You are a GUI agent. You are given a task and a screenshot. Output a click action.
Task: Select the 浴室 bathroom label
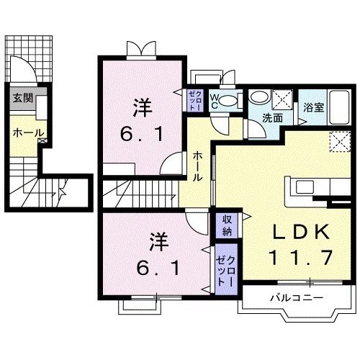(312, 108)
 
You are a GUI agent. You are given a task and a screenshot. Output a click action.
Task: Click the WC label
(215, 99)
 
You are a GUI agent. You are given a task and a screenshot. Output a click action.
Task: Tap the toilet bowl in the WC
(229, 100)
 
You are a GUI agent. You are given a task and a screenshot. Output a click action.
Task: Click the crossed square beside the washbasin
(282, 98)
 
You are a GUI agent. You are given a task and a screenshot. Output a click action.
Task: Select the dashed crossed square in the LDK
(338, 143)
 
